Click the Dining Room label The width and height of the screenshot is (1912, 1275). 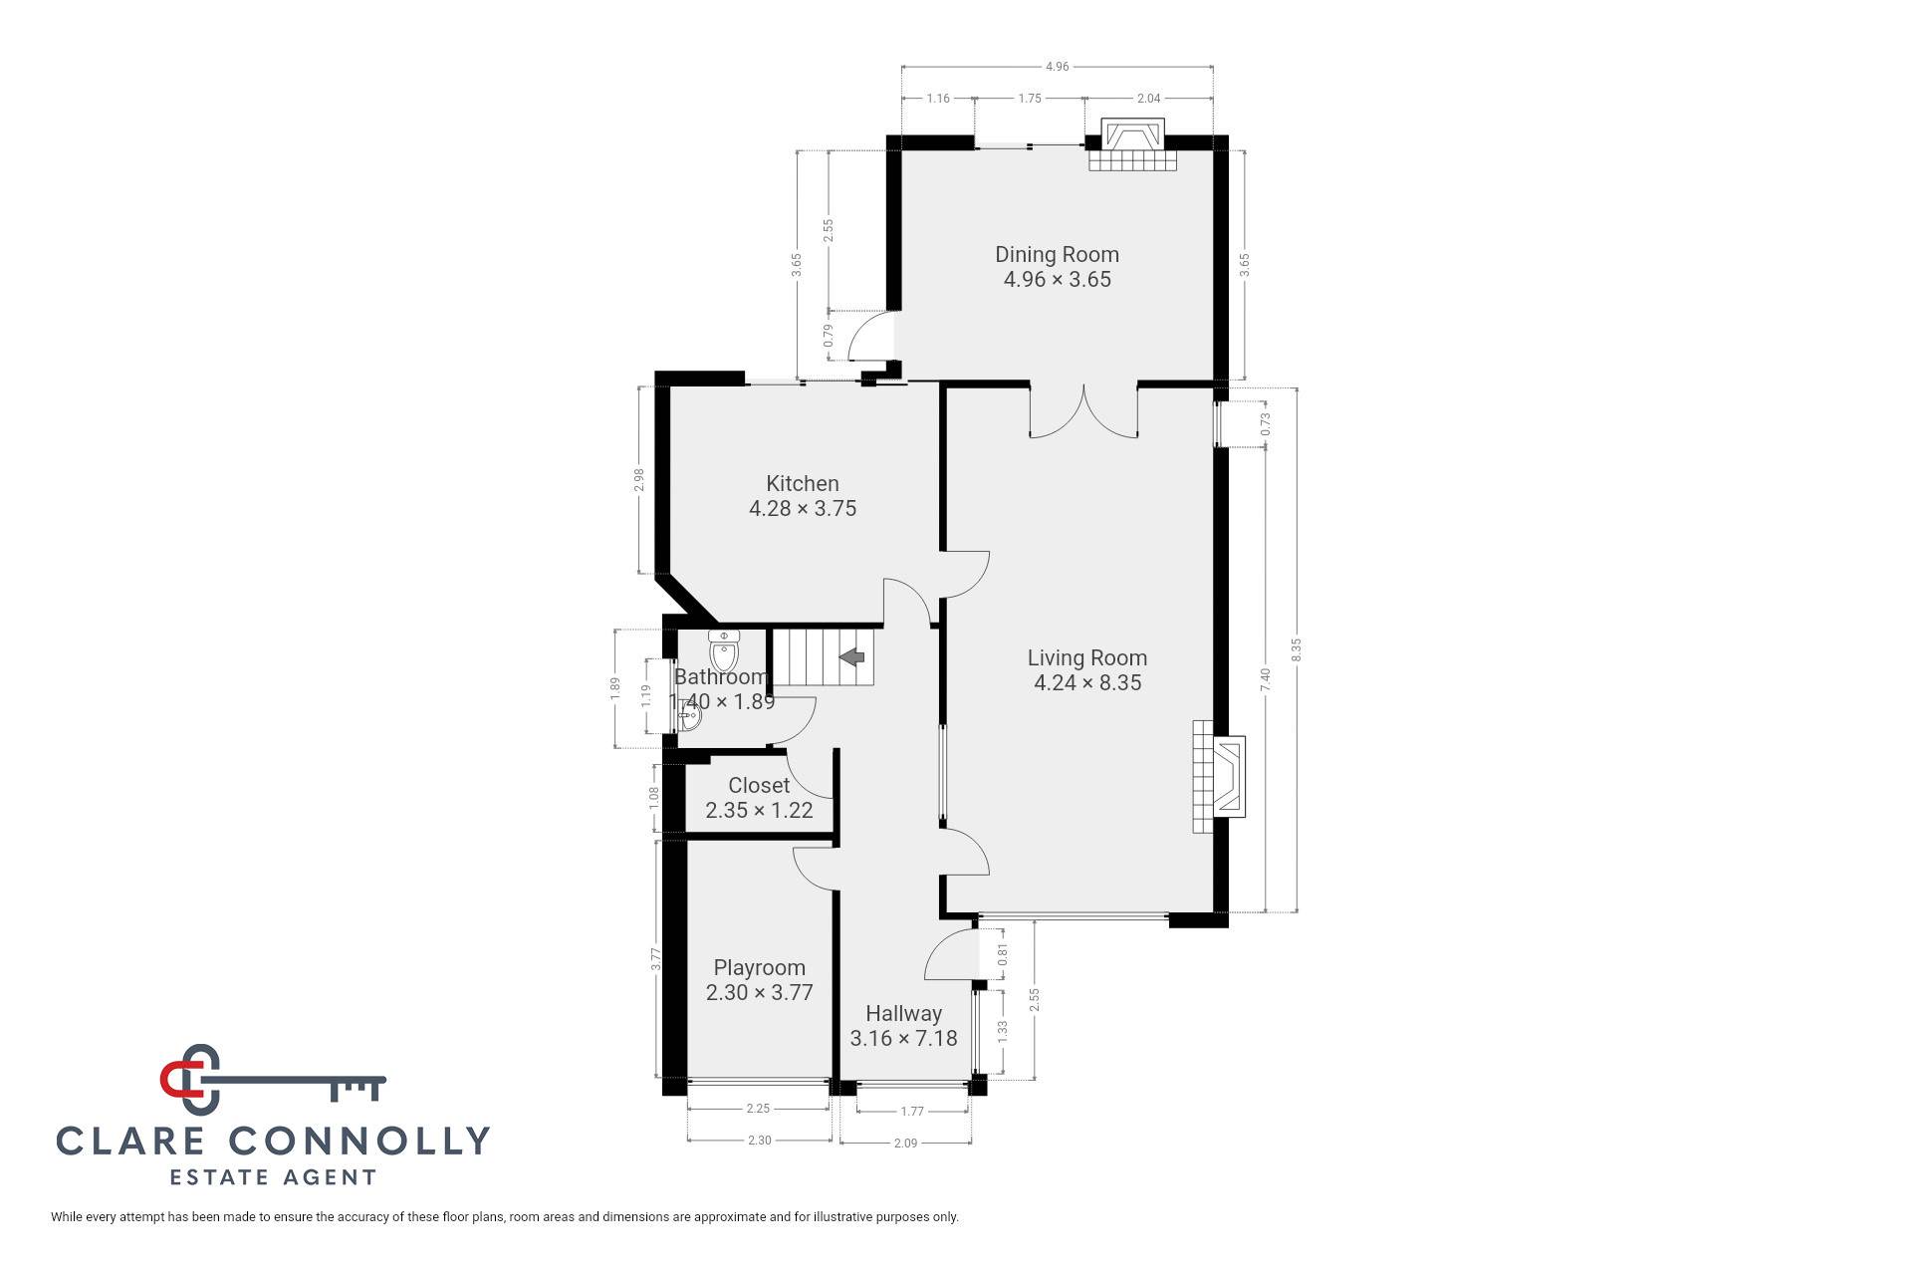1057,254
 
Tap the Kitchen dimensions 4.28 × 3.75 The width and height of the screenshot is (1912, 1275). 802,508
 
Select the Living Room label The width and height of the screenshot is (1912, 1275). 1086,657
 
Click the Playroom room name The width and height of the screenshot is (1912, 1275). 759,967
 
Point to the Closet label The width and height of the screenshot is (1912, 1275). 759,785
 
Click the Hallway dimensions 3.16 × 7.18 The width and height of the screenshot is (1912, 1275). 903,1038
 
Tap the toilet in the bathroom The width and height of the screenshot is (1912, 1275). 724,652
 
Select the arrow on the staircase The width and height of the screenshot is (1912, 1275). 852,656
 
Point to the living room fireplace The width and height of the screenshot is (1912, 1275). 1220,776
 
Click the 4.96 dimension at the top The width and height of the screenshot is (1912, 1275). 1057,67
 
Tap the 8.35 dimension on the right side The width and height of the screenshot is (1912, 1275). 1297,649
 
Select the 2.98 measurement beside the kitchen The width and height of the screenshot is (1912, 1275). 639,480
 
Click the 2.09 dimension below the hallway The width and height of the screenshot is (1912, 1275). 905,1143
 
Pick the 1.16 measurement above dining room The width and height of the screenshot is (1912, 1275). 937,99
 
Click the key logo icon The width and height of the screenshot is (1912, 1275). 269,1081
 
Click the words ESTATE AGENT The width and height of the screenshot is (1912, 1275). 273,1177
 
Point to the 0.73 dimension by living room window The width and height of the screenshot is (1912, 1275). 1266,425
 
